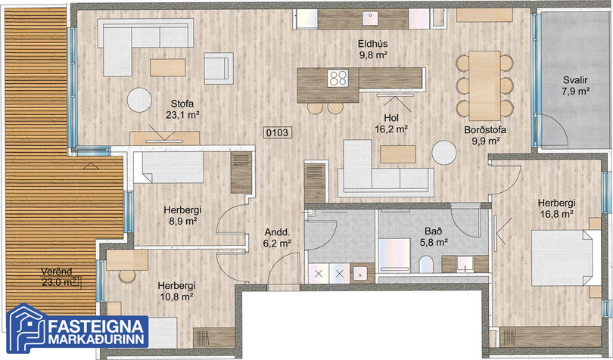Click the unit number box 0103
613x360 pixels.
(277, 132)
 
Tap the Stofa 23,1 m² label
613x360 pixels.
(182, 109)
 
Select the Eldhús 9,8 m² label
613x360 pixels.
(373, 49)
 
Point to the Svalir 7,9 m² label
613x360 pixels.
(575, 85)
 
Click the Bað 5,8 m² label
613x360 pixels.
(434, 237)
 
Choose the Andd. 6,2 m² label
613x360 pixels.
(277, 237)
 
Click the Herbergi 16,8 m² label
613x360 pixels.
(557, 208)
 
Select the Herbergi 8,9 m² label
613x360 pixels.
(182, 216)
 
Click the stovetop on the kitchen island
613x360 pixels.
(338, 78)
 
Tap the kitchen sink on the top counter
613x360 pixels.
(369, 18)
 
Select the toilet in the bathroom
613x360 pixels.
(426, 265)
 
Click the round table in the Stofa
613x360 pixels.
(139, 100)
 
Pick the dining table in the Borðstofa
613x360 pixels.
(485, 85)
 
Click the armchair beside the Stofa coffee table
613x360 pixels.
(219, 68)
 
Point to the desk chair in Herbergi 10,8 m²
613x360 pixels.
(127, 276)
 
